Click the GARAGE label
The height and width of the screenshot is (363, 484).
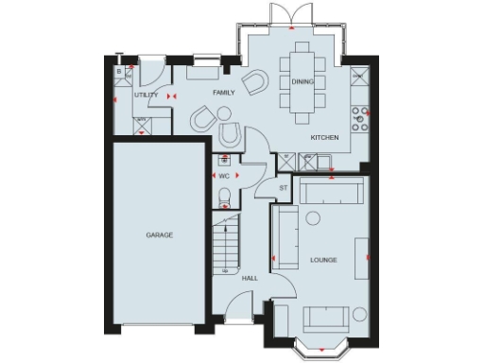(x=159, y=234)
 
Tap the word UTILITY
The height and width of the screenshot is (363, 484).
(x=146, y=95)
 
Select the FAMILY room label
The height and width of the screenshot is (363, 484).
(x=223, y=93)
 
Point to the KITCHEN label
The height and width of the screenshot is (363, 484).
(x=324, y=138)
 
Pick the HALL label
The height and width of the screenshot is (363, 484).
(x=250, y=278)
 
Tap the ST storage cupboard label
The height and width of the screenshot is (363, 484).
(x=282, y=188)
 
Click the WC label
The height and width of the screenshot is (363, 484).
(x=224, y=176)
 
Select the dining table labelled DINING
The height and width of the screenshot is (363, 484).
(x=302, y=80)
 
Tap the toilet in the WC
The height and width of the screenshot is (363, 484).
(x=224, y=197)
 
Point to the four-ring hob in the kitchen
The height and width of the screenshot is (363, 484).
(x=360, y=117)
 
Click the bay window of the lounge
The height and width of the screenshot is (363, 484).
(x=320, y=345)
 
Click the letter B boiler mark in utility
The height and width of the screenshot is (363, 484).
(x=119, y=71)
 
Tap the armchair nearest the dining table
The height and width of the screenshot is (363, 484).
(x=254, y=83)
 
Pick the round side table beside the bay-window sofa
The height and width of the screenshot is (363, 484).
(x=359, y=315)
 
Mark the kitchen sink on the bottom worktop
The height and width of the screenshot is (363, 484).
(x=326, y=162)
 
